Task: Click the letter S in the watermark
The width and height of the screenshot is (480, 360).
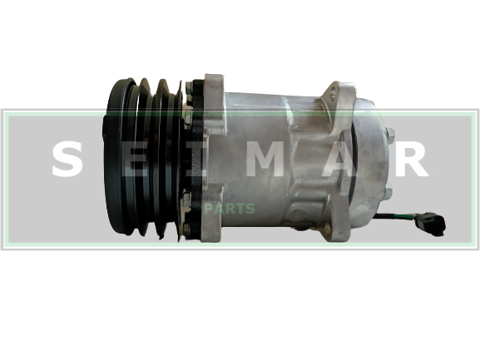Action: pyautogui.click(x=67, y=160)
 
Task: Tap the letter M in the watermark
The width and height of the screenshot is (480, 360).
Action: pyautogui.click(x=265, y=160)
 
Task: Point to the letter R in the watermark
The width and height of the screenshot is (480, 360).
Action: pyautogui.click(x=412, y=160)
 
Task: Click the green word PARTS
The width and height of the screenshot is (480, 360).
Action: pyautogui.click(x=230, y=209)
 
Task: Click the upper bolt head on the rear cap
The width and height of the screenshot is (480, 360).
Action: pyautogui.click(x=390, y=134)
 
